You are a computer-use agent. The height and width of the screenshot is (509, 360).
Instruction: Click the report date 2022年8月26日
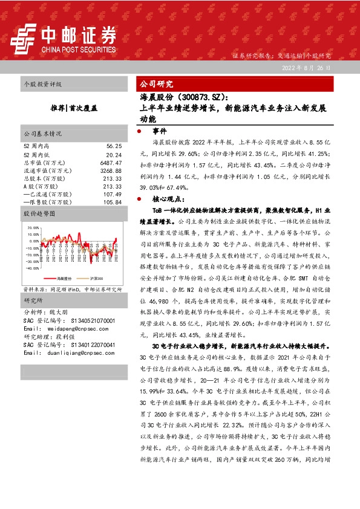click(x=306, y=68)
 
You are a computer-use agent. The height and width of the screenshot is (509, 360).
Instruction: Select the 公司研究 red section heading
click(x=157, y=83)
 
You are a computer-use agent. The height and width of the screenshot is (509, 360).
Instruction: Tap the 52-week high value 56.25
click(x=114, y=146)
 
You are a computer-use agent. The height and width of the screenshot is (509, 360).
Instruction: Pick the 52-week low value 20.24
click(x=114, y=155)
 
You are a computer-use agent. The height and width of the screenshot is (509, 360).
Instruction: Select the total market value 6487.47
click(x=111, y=163)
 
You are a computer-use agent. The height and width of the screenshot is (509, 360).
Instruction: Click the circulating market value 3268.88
click(x=111, y=171)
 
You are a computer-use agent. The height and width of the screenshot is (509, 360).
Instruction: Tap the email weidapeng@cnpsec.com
click(x=69, y=329)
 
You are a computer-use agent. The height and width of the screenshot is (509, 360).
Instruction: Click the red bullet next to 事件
click(x=140, y=131)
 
